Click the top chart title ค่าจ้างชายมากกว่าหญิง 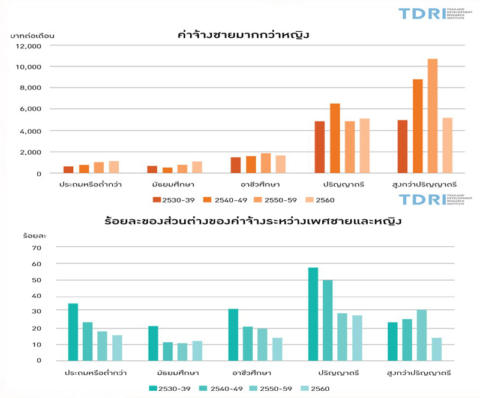point(244,35)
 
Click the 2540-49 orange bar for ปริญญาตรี point(335,138)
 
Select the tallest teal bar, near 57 point(313,314)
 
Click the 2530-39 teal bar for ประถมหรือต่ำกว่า point(73,332)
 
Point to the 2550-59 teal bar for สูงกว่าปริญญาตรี point(422,335)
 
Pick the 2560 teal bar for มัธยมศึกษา point(197,351)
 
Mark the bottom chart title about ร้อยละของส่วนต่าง point(251,221)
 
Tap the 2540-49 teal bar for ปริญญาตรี point(328,320)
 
